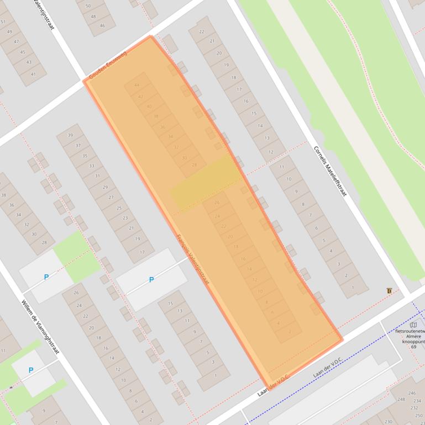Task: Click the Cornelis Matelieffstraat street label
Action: tap(330, 173)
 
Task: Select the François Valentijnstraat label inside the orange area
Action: tap(192, 261)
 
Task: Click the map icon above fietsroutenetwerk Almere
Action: tap(413, 325)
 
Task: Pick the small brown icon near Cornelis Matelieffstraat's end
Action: tap(390, 291)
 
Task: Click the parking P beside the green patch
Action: tap(46, 277)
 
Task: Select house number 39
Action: tap(70, 135)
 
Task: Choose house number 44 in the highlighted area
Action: tap(137, 85)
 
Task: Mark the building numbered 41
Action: tap(33, 74)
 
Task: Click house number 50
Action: tap(88, 6)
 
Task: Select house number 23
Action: tap(125, 218)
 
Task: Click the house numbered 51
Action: tap(3, 22)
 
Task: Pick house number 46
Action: tap(102, 25)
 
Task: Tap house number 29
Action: tap(104, 187)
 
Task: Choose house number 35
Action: tap(85, 156)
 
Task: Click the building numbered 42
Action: tap(140, 96)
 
